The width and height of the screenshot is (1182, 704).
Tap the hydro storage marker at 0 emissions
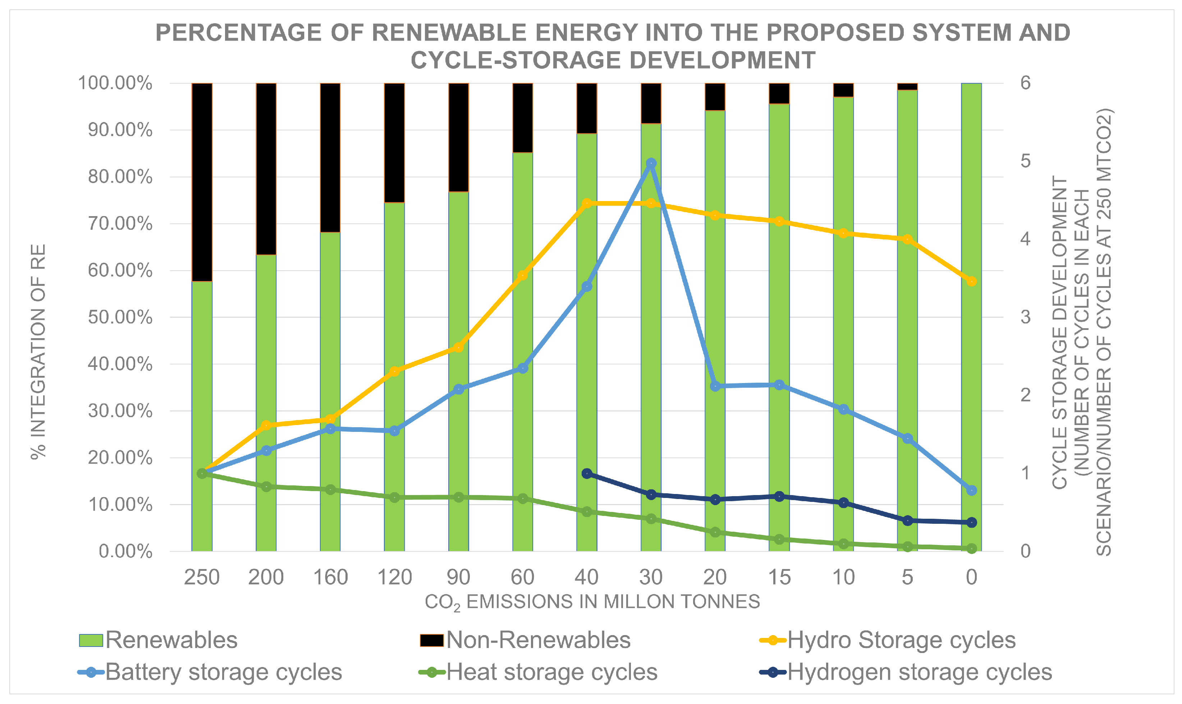(972, 281)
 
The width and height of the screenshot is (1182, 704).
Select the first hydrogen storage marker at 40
(587, 474)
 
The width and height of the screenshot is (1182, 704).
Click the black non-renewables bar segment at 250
(202, 182)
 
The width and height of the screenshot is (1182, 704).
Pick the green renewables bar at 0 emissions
(972, 317)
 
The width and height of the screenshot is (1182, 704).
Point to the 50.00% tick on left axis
(120, 317)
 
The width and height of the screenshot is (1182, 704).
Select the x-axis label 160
(330, 577)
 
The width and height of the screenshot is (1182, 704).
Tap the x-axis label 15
(779, 577)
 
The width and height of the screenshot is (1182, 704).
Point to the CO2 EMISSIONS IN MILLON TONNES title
(592, 602)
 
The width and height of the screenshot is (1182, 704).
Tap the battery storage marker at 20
(715, 386)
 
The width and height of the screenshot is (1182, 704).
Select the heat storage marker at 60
(523, 499)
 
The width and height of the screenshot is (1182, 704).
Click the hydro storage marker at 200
(266, 425)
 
